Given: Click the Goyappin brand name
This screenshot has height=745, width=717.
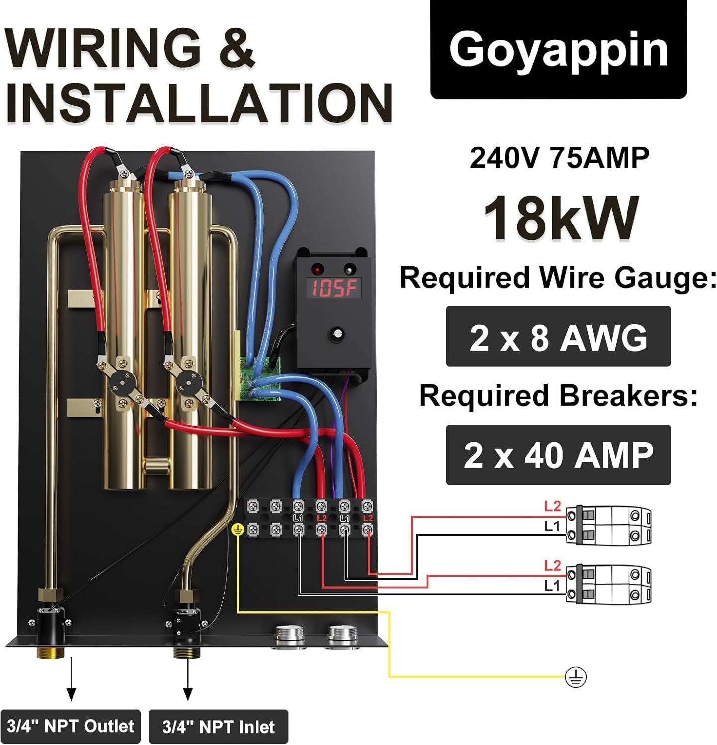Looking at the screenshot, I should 558,50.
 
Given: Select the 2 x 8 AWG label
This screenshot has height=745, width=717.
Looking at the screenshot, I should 558,337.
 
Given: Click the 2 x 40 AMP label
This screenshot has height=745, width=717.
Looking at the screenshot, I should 558,455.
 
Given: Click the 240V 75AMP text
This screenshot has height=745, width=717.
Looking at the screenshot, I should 559,158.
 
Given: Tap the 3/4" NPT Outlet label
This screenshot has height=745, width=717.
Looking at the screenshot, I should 71,726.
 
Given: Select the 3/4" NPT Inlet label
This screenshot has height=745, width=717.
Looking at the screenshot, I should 218,727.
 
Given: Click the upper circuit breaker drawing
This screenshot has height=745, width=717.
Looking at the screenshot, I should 609,525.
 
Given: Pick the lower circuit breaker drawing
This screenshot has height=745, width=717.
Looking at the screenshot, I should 609,584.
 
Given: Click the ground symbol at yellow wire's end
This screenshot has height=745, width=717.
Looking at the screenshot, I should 576,677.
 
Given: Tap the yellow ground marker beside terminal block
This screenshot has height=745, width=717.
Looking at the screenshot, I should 237,530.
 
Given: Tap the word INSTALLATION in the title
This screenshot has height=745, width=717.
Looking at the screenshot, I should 199,103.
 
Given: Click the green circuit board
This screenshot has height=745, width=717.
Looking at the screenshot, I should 260,378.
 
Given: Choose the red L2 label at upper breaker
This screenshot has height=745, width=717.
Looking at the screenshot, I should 552,506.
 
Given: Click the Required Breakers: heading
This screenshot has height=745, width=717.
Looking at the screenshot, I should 558,396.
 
